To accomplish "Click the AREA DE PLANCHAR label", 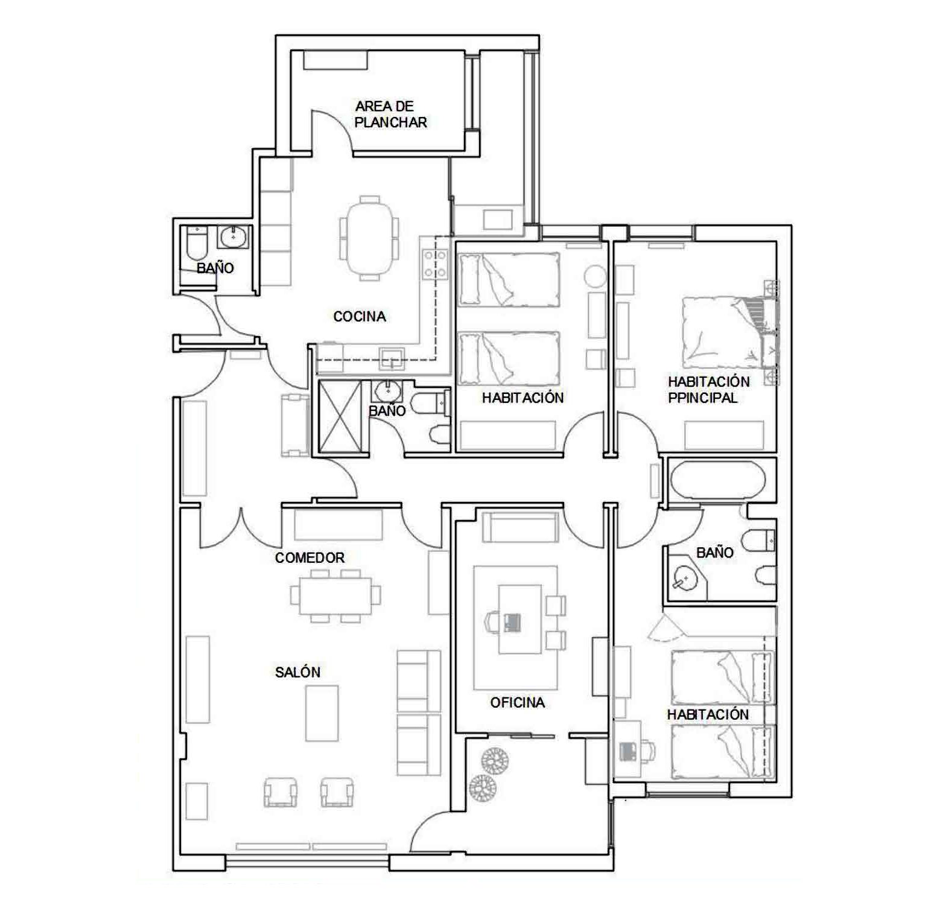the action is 391,114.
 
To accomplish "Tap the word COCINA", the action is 360,316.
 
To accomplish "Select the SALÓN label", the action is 297,672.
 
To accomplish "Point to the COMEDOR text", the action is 310,557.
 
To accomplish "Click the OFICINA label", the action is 517,702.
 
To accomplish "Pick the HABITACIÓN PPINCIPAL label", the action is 708,390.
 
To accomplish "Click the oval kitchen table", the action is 369,238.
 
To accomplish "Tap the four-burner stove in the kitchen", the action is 436,264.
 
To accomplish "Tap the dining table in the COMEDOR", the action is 335,595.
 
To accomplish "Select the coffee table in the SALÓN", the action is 322,713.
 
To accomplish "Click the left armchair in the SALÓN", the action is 281,792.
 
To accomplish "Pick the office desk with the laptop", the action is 520,619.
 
